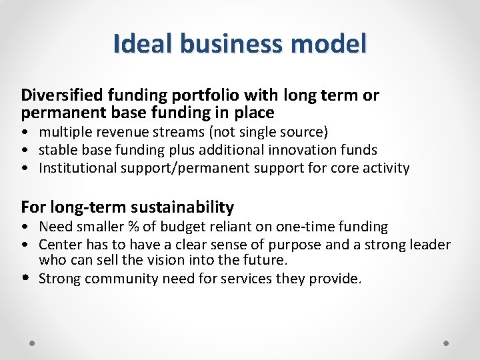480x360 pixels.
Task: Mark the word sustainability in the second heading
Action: point(178,207)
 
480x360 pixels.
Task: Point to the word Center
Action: point(61,245)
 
